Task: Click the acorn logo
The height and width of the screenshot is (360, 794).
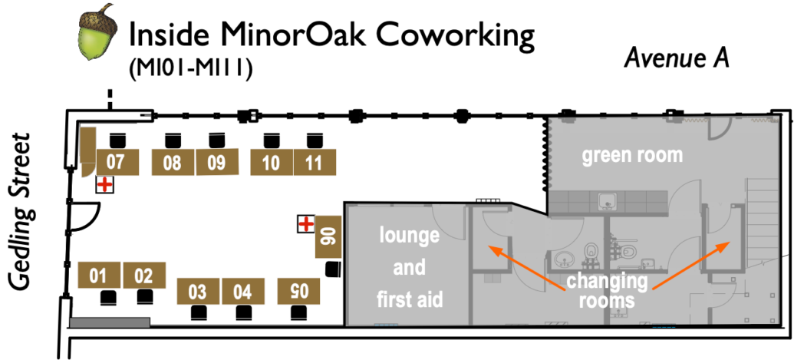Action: tap(96, 34)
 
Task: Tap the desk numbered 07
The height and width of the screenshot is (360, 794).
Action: tap(117, 163)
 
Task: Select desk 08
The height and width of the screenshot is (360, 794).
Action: tap(173, 163)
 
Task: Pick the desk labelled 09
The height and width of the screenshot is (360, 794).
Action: tap(216, 163)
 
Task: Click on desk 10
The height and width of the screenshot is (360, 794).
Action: tap(271, 163)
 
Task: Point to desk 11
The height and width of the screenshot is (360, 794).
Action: tap(315, 163)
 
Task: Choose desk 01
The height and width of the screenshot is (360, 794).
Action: tap(99, 276)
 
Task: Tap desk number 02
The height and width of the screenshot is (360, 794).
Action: tap(143, 276)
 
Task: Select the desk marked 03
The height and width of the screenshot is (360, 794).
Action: tap(198, 292)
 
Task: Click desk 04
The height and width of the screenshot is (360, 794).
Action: tap(242, 292)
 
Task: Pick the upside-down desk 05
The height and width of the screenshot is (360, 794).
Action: tap(298, 290)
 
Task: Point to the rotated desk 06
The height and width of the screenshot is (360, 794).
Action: tap(328, 236)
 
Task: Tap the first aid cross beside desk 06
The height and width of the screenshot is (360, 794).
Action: tap(306, 224)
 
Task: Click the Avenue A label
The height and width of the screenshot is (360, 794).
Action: tap(676, 58)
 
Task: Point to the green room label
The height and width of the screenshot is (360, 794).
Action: tap(631, 156)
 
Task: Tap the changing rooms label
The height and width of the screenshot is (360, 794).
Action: tap(607, 291)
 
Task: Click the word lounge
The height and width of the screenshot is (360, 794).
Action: tap(409, 236)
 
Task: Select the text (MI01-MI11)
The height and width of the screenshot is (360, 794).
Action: tap(193, 69)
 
